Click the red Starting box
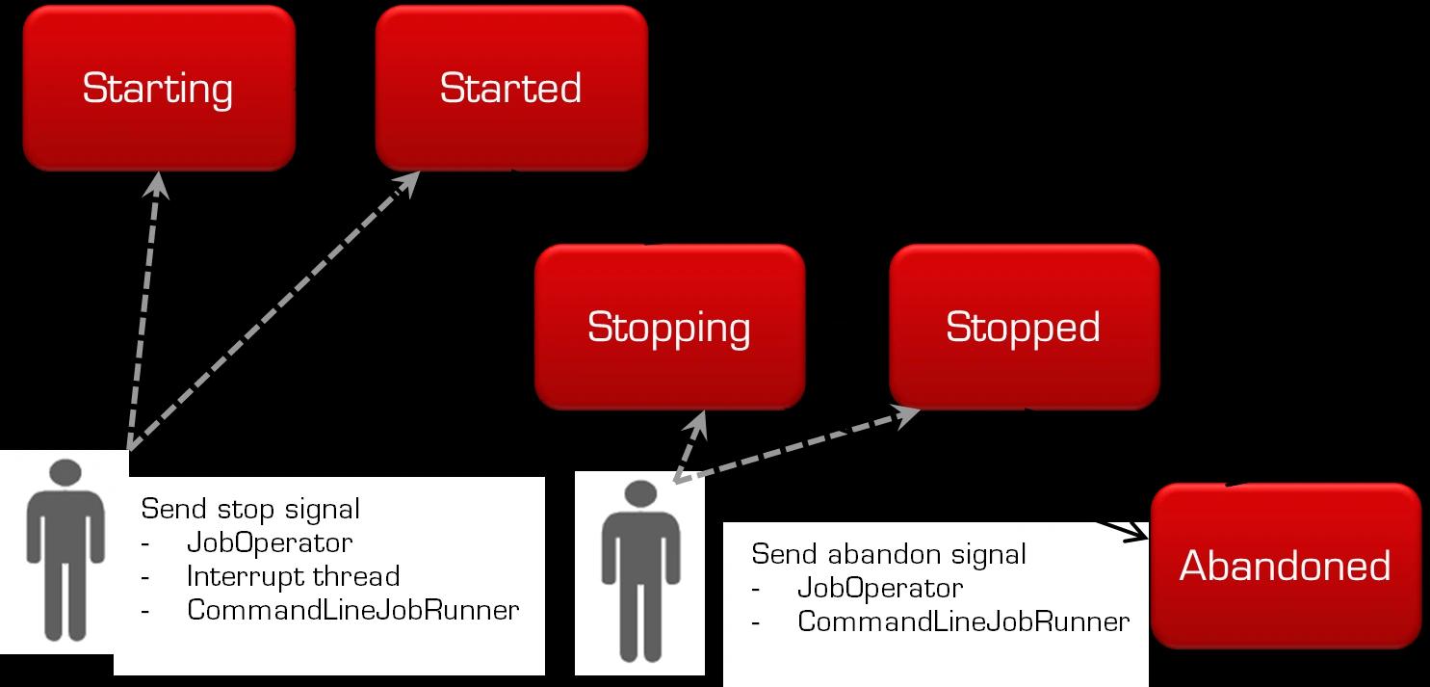[x=159, y=89]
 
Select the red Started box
[x=511, y=89]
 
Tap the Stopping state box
[x=669, y=327]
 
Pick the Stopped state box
[x=1024, y=327]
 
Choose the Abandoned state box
[x=1286, y=566]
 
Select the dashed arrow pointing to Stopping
[x=691, y=445]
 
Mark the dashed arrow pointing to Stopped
[x=799, y=444]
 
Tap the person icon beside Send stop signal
[x=65, y=549]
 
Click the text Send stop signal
[x=250, y=508]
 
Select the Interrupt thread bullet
[x=293, y=576]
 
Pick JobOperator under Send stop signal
[x=270, y=542]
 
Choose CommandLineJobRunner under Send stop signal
[x=353, y=610]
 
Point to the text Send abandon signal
[x=888, y=554]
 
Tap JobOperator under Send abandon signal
[x=880, y=588]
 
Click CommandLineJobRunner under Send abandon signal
[x=963, y=621]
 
